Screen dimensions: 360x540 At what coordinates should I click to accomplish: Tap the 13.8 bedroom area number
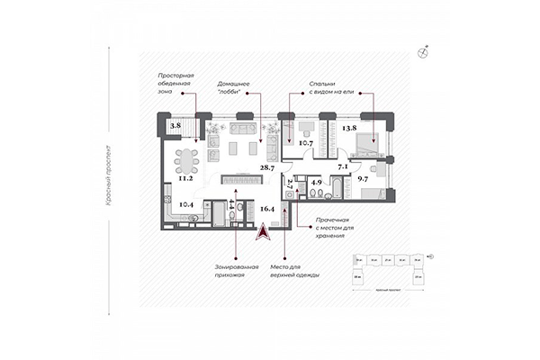tap(351, 129)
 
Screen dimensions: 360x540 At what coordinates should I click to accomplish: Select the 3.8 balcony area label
tap(176, 127)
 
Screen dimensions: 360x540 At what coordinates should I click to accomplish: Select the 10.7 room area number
tap(305, 143)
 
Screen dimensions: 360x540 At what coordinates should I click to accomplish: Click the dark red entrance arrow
tap(261, 232)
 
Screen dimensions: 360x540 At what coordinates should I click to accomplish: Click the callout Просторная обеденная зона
tap(175, 84)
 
